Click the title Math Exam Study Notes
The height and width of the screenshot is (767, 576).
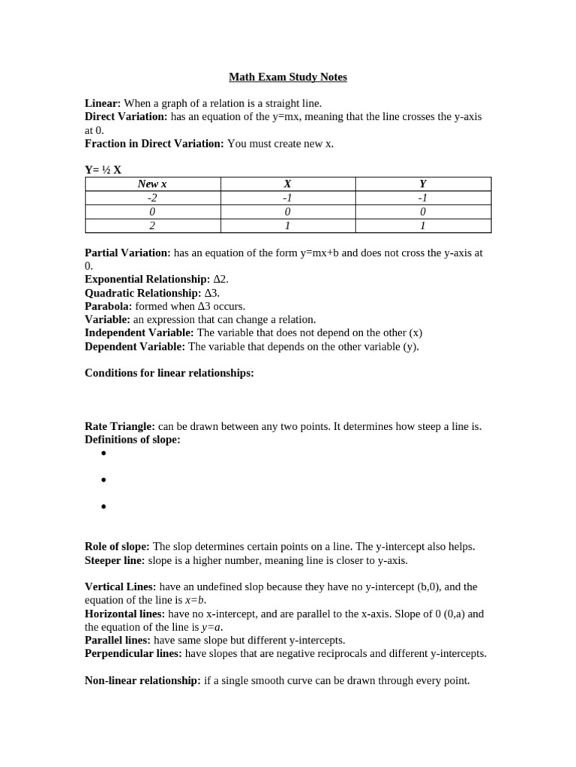(x=288, y=77)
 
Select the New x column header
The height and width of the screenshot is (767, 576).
(x=152, y=184)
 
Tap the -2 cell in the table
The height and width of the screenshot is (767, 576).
(x=152, y=198)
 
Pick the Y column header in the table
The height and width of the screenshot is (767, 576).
(x=423, y=184)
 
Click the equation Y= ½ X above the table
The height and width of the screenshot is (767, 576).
(x=103, y=170)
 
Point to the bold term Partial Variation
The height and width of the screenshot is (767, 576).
(x=127, y=253)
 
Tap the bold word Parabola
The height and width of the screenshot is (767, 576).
(x=108, y=306)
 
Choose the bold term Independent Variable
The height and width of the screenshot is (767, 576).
(x=139, y=333)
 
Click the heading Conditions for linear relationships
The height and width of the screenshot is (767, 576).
(x=169, y=373)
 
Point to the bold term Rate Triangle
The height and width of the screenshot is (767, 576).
(x=120, y=426)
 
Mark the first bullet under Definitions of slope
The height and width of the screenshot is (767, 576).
(x=103, y=454)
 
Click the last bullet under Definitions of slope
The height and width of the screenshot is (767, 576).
(x=103, y=507)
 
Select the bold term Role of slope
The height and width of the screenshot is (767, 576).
(x=117, y=547)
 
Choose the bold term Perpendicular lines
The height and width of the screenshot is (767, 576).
(x=133, y=653)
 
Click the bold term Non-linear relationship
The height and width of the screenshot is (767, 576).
(x=142, y=681)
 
